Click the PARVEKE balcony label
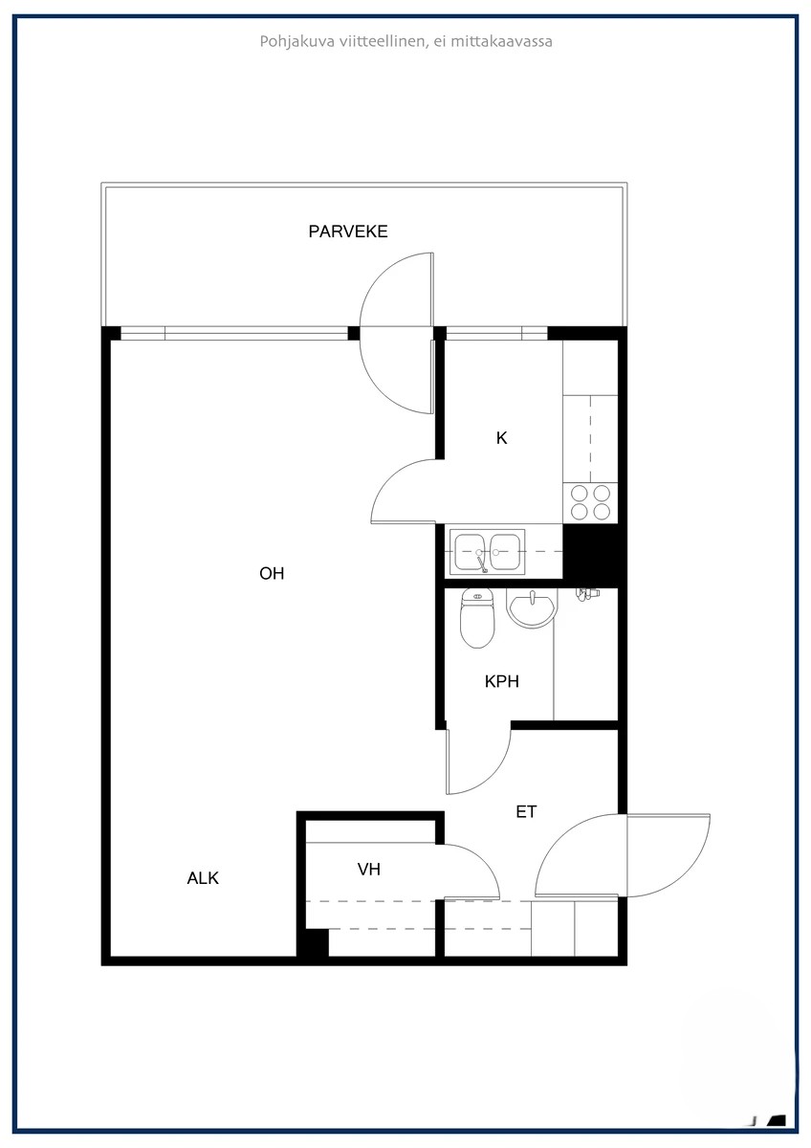click(x=348, y=232)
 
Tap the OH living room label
click(x=272, y=574)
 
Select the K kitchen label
click(x=501, y=439)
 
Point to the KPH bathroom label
click(x=502, y=682)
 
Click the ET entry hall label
click(x=526, y=812)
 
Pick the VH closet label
click(x=369, y=870)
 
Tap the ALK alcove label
click(x=203, y=878)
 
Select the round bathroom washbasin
click(x=531, y=608)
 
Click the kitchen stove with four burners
click(x=590, y=502)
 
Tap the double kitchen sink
click(x=488, y=552)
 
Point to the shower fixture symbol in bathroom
click(x=586, y=594)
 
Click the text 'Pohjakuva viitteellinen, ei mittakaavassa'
click(x=405, y=41)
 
